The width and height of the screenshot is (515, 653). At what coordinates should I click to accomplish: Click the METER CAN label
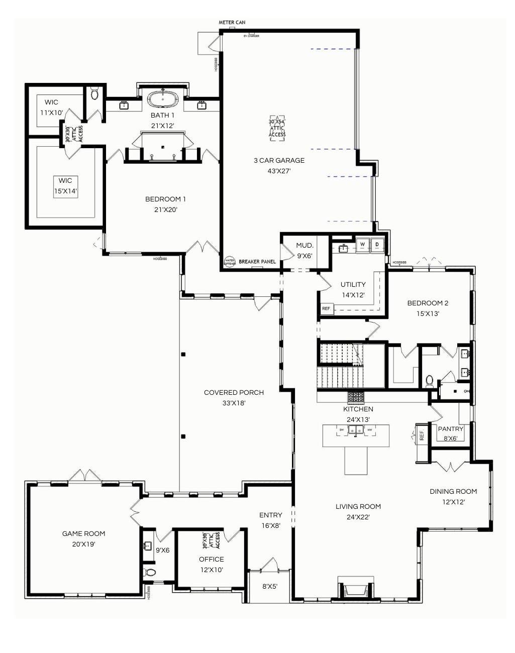(232, 23)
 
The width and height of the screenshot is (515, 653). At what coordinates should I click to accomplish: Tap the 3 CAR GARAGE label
(279, 161)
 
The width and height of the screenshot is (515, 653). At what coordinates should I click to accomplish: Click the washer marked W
(362, 245)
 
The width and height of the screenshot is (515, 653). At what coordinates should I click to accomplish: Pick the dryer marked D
(377, 245)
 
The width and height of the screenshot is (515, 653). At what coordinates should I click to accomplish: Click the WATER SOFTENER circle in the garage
(230, 262)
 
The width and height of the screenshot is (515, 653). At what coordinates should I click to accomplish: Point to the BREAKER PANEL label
(257, 262)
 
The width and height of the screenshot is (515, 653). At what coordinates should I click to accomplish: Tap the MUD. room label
(304, 246)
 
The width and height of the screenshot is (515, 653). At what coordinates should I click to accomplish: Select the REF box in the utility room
(327, 308)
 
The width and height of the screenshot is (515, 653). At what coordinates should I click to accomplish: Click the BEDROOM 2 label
(428, 303)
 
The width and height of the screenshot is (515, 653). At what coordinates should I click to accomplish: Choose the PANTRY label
(450, 429)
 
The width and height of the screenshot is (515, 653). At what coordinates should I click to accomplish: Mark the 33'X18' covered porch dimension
(234, 403)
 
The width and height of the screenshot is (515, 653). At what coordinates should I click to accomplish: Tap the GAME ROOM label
(83, 533)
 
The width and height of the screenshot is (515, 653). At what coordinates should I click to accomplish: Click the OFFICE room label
(211, 559)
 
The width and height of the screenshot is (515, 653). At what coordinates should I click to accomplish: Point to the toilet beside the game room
(150, 572)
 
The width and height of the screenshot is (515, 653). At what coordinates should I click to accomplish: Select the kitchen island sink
(356, 430)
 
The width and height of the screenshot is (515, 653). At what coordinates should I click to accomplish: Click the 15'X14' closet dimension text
(66, 191)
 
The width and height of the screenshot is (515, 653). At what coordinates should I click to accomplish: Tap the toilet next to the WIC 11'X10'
(94, 94)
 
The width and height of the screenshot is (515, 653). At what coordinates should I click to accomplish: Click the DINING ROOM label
(453, 491)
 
